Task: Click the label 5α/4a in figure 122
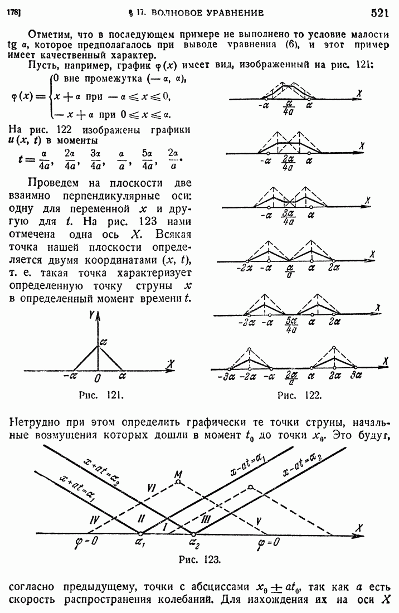tap(290, 324)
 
